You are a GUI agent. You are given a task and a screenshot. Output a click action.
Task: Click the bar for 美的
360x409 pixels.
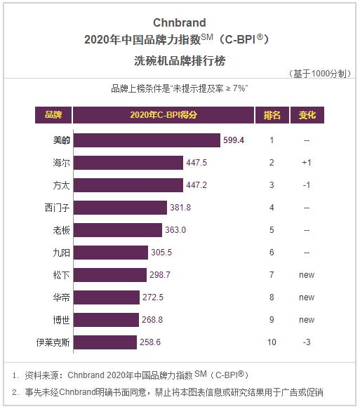pos(147,140)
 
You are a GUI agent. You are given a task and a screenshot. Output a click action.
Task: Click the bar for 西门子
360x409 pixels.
pos(120,208)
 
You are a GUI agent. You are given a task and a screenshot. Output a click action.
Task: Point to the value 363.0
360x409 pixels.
pos(175,230)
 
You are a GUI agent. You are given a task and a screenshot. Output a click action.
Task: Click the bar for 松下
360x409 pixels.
pos(110,275)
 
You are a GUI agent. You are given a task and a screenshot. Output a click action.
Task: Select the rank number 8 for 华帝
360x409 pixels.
pos(272,297)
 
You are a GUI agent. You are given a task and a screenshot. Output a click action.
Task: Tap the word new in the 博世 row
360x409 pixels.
pos(307,320)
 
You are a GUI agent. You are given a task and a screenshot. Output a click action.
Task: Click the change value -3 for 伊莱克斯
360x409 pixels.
pos(307,342)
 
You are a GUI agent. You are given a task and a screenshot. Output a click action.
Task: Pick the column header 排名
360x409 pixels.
pos(272,115)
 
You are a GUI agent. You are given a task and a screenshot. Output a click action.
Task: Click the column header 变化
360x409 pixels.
pos(307,115)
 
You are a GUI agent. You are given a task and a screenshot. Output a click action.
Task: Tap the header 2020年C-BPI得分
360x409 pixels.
pos(163,115)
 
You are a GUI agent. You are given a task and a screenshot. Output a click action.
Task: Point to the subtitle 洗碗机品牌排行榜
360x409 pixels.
pos(179,60)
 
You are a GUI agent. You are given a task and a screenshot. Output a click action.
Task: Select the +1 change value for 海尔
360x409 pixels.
pos(307,163)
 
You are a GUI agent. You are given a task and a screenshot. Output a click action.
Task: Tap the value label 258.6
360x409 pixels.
pos(154,342)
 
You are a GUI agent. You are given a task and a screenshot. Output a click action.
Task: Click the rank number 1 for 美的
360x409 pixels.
pos(272,140)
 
